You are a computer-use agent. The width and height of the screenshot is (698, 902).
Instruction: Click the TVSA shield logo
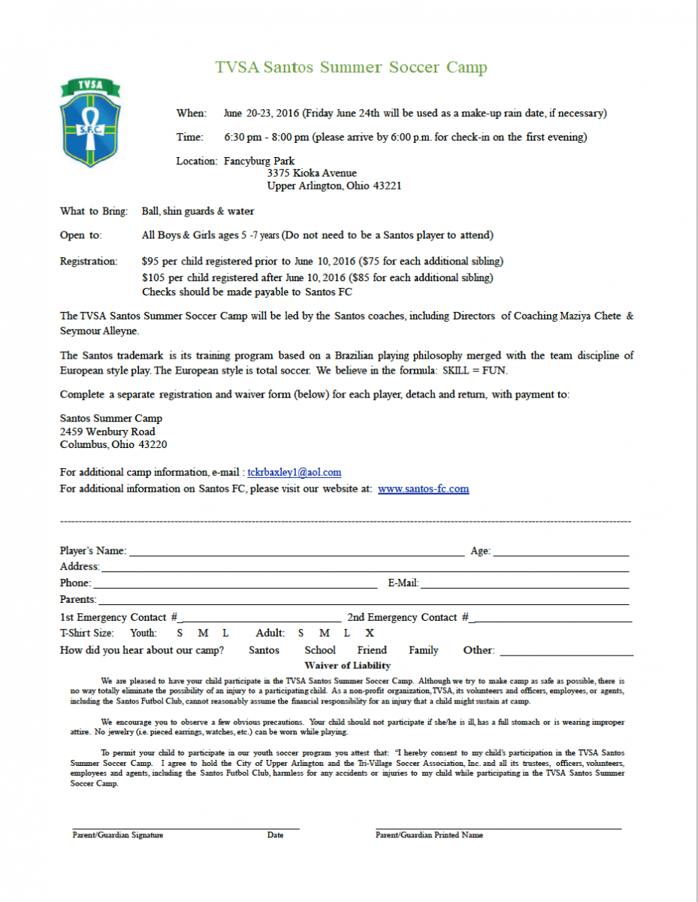coord(90,123)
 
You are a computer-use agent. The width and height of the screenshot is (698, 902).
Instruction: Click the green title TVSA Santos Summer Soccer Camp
coord(351,68)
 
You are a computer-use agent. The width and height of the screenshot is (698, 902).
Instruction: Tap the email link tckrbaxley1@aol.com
coord(294,473)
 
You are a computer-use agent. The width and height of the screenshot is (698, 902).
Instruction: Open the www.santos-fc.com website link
coord(423,489)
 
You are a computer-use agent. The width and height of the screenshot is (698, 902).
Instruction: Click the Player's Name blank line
coord(296,552)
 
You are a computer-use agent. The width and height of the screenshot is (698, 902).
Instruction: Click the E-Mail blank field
coord(524,584)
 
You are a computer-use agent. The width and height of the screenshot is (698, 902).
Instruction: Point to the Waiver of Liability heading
coord(348,666)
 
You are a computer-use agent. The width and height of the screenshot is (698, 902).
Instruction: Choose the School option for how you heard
coord(320,650)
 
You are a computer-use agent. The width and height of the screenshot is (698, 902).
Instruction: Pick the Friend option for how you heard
coord(372,650)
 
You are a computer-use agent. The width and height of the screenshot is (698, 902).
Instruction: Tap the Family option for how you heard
coord(424,650)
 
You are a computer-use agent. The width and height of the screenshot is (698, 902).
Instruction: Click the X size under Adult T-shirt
coord(370,633)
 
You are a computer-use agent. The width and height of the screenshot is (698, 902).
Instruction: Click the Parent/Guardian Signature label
coord(118,835)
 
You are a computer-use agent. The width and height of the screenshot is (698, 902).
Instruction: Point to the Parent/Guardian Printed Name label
coord(429,835)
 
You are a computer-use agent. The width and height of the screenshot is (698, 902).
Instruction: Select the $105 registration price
coord(154,278)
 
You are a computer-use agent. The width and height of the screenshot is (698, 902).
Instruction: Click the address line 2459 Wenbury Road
coord(107,432)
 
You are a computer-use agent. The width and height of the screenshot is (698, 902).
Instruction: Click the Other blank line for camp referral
coord(566,652)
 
